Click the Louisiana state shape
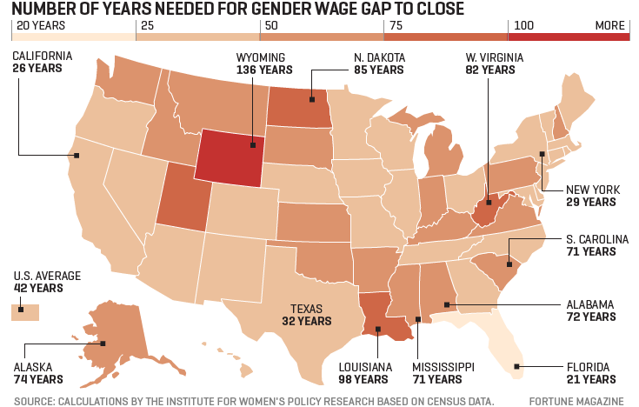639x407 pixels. click(380, 318)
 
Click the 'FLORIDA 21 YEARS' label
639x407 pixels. click(590, 373)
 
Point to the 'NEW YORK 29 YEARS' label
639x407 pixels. click(590, 196)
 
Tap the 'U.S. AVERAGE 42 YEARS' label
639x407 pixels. click(47, 283)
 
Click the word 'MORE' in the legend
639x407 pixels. click(609, 26)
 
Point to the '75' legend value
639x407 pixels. click(395, 26)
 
